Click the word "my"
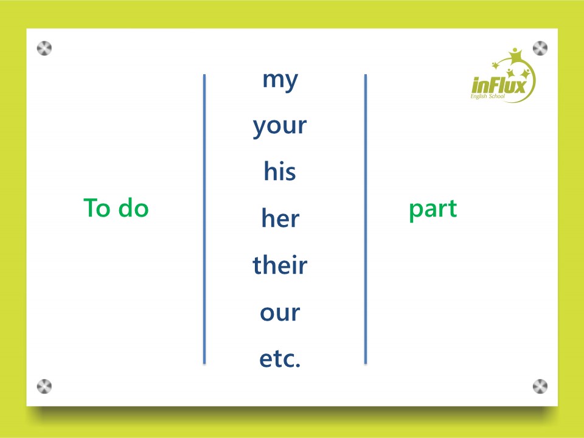(280, 81)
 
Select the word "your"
(280, 127)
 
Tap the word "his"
(280, 172)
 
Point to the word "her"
(280, 218)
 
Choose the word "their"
(280, 265)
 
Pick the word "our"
(280, 313)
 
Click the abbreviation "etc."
(280, 358)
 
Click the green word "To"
(97, 207)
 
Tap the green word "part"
(433, 209)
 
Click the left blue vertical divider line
(204, 219)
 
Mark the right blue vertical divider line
(366, 219)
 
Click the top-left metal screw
(44, 49)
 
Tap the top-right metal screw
(540, 49)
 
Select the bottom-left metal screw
(44, 386)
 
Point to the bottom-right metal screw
(540, 386)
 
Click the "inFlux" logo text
(499, 86)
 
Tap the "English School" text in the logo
(487, 97)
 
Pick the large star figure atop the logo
(515, 56)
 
